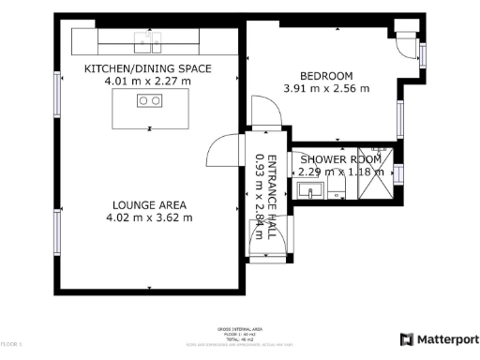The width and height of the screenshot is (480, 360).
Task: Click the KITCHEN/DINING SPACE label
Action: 148,69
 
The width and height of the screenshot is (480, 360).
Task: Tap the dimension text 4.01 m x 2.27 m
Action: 148,82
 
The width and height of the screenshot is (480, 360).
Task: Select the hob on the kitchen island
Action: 149,100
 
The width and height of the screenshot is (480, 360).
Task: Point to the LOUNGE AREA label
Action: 149,204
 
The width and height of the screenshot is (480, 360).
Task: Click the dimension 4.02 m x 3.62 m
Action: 149,217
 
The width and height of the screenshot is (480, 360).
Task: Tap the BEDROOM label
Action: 326,76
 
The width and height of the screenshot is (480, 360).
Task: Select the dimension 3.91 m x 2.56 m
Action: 326,89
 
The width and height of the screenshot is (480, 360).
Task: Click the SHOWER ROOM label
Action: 338,158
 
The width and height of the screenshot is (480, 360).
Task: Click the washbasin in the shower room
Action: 310,192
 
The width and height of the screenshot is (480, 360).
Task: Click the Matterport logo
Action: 440,339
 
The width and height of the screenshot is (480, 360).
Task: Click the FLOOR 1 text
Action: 12,346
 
